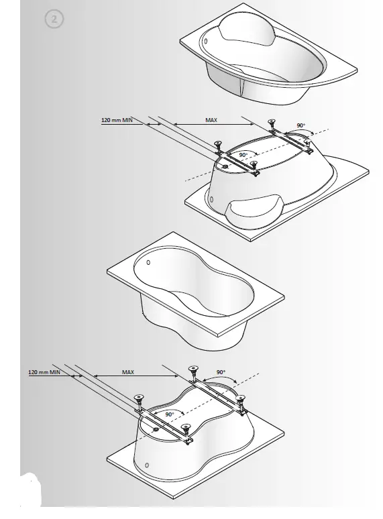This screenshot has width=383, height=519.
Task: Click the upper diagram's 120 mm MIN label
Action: tap(119, 121)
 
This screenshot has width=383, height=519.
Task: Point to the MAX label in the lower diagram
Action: tap(127, 371)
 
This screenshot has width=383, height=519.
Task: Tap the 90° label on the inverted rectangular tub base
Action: tap(170, 415)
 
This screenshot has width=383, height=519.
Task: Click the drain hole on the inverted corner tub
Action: tap(226, 162)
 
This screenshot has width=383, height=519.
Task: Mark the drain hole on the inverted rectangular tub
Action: tap(156, 424)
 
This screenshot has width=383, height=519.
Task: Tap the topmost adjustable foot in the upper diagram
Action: tap(272, 123)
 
